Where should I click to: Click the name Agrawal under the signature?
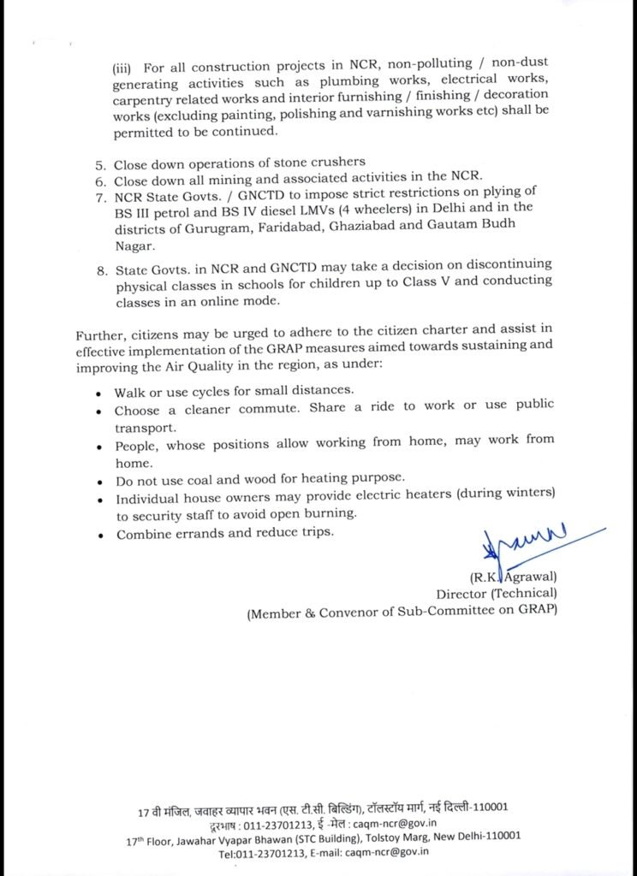pyautogui.click(x=529, y=576)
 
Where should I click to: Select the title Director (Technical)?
pyautogui.click(x=497, y=593)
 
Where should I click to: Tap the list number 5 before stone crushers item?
pyautogui.click(x=99, y=163)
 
